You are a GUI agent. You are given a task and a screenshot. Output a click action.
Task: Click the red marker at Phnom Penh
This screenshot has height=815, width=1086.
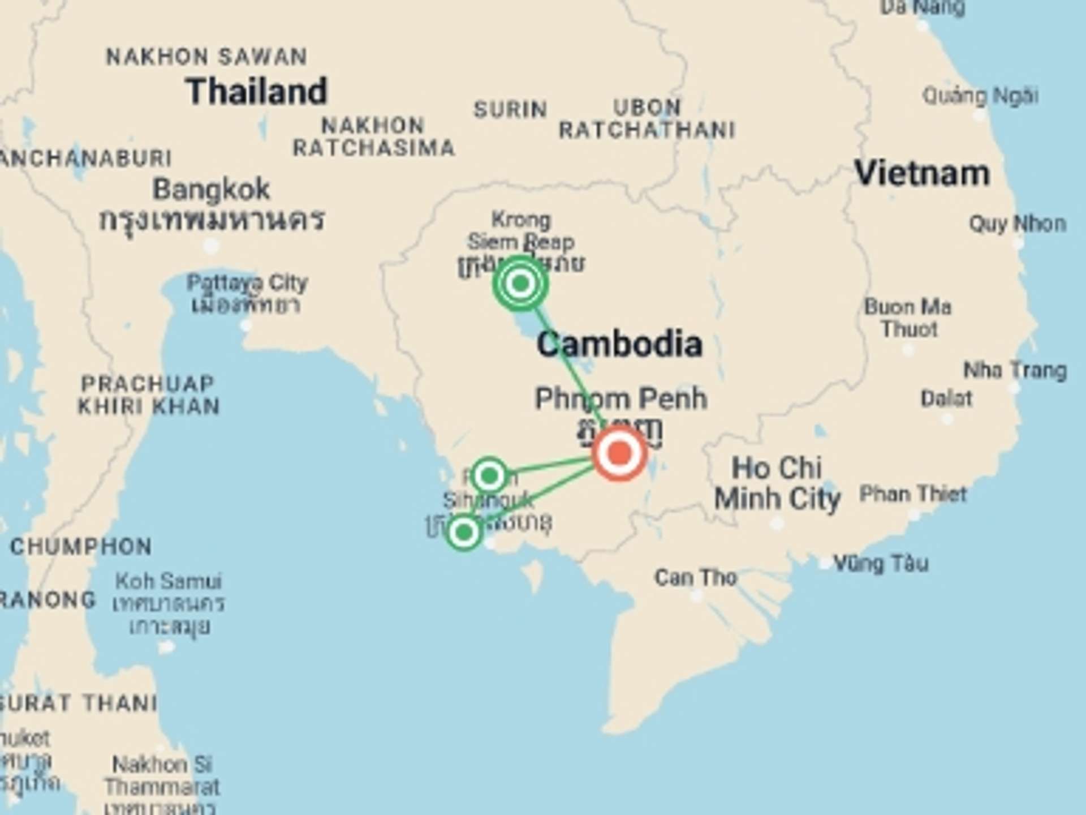point(619,453)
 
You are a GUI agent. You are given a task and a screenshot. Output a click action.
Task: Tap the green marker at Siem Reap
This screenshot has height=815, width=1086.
point(520,283)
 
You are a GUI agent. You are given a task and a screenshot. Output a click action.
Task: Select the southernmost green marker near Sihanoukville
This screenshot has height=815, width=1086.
point(464,532)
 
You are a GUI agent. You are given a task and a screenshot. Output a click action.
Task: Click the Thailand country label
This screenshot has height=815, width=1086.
point(257,92)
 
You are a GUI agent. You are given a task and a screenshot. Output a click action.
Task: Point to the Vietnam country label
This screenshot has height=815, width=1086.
point(922,173)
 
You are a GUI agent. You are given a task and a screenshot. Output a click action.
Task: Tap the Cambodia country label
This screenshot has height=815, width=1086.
point(619,344)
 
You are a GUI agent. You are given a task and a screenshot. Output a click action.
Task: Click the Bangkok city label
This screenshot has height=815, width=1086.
point(211,190)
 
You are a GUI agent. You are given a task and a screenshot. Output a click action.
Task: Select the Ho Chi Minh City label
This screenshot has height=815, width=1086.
point(777,483)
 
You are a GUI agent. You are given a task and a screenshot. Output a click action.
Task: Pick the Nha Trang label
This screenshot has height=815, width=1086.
point(1015,371)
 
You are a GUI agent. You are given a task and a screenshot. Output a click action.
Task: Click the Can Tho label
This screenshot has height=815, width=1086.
point(695,578)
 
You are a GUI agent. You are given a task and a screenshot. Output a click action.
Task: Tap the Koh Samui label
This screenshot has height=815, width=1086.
point(169,581)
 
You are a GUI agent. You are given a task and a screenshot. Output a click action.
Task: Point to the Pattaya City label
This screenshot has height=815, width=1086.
point(247,283)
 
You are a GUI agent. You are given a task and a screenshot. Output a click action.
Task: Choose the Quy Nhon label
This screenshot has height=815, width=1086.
point(1017,224)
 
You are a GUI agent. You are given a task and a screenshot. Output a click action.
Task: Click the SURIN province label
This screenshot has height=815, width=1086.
point(510,109)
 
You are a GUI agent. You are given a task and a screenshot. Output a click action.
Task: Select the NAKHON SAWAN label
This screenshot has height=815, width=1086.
point(206,57)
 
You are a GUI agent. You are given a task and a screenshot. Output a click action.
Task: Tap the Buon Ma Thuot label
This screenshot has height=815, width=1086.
point(908,318)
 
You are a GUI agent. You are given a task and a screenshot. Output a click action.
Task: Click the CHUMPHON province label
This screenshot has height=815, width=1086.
point(81,547)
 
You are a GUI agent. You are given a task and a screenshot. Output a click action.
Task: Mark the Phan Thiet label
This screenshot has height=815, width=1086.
point(913,494)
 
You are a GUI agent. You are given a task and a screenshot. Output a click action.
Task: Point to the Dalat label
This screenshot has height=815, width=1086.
point(946,399)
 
